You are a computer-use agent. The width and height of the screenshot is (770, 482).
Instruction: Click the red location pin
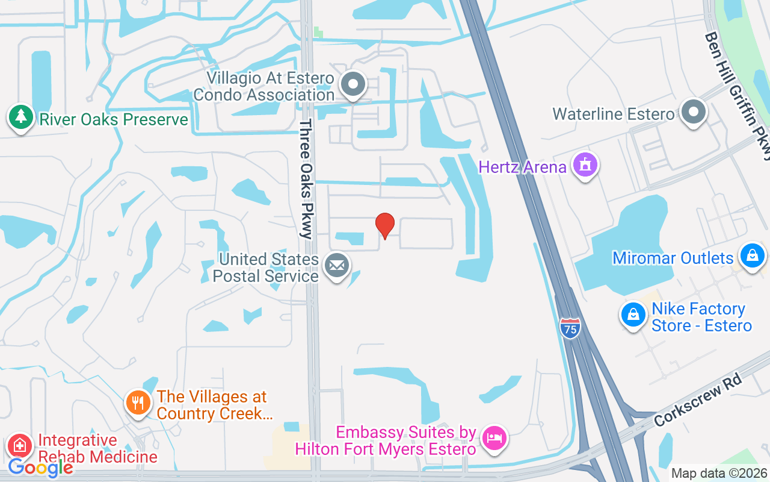[x=385, y=225]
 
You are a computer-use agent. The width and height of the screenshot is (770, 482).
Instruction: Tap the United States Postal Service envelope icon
[x=337, y=265]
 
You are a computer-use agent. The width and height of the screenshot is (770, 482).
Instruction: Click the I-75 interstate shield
[x=570, y=328]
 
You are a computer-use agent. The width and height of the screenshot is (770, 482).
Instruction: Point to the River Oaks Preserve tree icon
[x=21, y=117]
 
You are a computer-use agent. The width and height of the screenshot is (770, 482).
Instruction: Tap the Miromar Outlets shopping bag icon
[x=752, y=255]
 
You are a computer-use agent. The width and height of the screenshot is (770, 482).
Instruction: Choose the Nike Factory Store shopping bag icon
[x=633, y=315]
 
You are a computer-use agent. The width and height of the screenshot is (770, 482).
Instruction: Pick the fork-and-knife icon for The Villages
[x=138, y=403]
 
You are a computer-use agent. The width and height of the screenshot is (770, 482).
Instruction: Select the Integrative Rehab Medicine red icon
[x=20, y=446]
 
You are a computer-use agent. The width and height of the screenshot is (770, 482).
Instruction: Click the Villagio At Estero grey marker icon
[x=353, y=84]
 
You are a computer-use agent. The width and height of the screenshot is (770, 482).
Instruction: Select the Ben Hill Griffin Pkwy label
[x=739, y=93]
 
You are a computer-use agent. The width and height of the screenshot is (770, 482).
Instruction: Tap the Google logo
[x=40, y=467]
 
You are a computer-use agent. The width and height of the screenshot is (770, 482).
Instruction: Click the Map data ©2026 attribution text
[x=719, y=474]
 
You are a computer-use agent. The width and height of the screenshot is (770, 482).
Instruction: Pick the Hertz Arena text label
[x=523, y=166]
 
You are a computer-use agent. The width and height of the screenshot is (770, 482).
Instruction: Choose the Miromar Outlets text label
[x=673, y=258]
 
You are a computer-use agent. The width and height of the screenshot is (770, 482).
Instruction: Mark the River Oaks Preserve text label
[x=114, y=119]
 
